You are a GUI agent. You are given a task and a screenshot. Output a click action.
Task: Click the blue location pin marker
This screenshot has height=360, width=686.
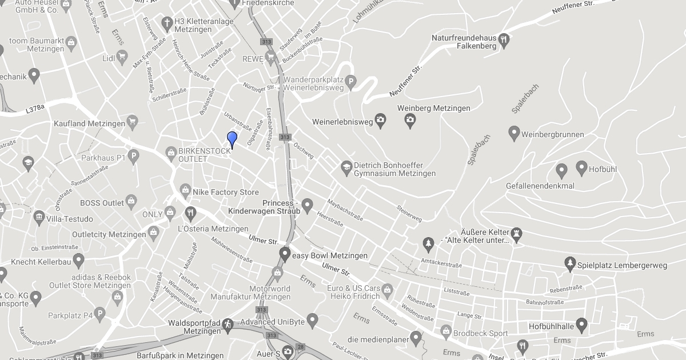pos(232,139)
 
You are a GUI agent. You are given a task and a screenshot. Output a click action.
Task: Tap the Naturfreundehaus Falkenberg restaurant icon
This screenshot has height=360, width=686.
pos(504,40)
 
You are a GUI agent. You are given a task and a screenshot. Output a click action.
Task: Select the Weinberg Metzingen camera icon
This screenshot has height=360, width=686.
pos(410,119)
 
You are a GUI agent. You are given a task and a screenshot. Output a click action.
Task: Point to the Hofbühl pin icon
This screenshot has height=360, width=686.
pos(581,168)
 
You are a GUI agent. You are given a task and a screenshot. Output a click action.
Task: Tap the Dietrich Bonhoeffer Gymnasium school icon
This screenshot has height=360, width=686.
pos(346,167)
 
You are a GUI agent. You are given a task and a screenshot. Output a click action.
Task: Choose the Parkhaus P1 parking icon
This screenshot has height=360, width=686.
pos(133,155)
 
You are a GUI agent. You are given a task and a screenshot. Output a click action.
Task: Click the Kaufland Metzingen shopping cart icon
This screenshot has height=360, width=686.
pos(133,121)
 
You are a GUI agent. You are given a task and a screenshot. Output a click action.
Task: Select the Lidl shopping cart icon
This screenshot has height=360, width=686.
pos(122,56)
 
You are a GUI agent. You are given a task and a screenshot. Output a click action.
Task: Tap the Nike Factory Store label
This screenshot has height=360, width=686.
pos(225,192)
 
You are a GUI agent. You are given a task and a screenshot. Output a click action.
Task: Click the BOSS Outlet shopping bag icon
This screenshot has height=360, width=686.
pos(131,201)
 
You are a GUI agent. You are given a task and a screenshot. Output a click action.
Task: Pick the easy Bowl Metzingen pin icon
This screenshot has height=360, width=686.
pos(284,254)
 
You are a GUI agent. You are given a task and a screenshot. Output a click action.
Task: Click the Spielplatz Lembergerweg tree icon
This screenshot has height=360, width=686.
pos(569,263)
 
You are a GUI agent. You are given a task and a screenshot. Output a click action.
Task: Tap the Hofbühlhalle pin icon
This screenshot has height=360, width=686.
pos(582,325)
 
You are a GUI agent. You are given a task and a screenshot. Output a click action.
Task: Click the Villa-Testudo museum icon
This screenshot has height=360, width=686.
pos(39,217)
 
